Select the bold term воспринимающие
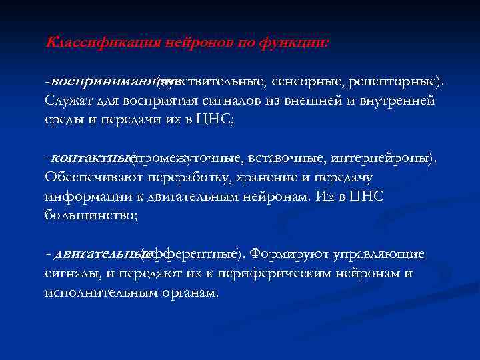103,81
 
